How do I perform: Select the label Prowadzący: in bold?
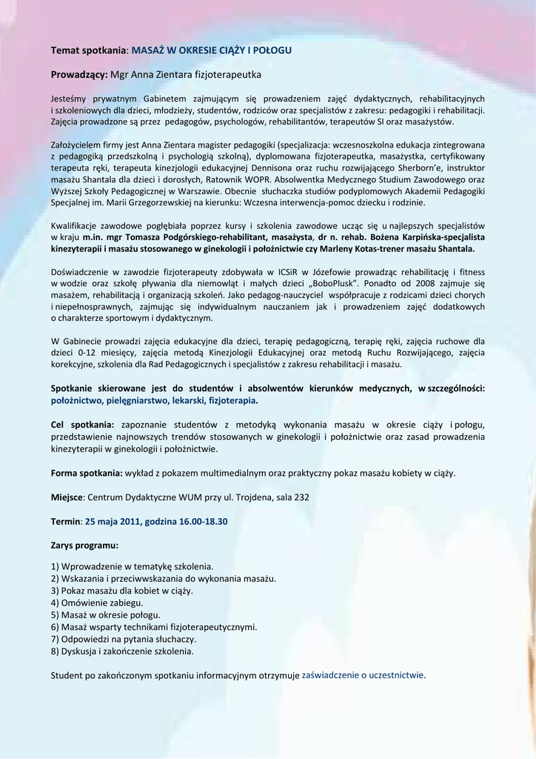(x=79, y=74)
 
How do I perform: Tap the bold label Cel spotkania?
(x=82, y=425)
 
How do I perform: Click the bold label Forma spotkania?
(x=87, y=473)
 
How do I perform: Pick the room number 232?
(x=301, y=497)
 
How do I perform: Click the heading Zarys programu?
(x=84, y=546)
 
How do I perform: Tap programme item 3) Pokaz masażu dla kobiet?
(x=122, y=591)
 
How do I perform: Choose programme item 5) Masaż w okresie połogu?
(x=106, y=615)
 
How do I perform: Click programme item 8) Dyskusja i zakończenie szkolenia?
(x=122, y=652)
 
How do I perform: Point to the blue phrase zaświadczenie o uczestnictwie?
(x=363, y=675)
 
